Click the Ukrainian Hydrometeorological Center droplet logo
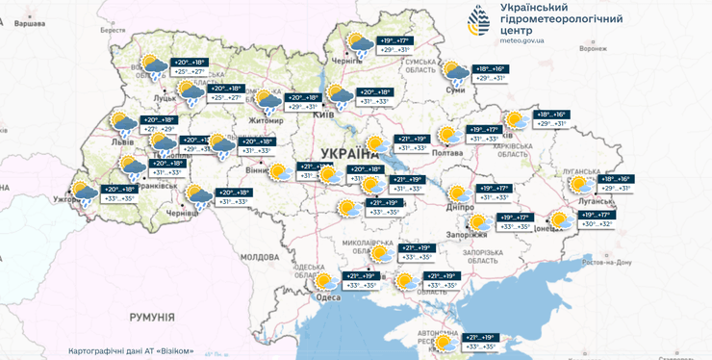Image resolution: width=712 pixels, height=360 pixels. [x=481, y=21]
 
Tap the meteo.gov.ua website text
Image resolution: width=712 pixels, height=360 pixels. [x=523, y=41]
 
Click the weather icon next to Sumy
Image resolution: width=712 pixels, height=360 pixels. [x=457, y=72]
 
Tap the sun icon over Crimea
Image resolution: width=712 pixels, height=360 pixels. [x=445, y=342]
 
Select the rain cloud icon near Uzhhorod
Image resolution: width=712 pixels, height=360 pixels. [x=85, y=193]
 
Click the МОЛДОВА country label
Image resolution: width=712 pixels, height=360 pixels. [x=259, y=258]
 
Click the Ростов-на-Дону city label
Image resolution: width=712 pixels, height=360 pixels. [x=604, y=262]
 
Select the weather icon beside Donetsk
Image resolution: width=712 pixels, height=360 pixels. [x=562, y=222]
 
